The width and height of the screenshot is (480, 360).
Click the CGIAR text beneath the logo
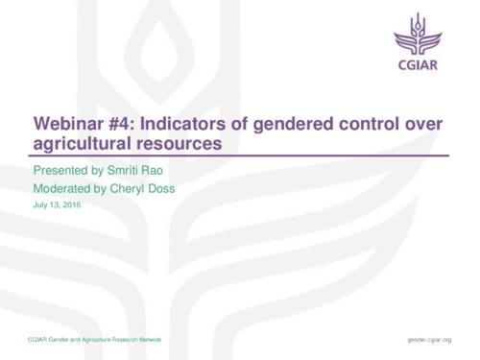420,70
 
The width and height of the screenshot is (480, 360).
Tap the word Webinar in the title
68,125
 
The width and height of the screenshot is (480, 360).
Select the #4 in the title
119,125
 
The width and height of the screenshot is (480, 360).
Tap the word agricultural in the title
78,145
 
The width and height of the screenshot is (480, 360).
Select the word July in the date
41,204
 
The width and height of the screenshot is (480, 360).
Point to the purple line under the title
240,156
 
